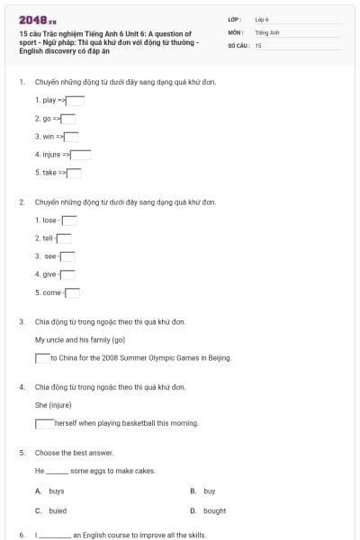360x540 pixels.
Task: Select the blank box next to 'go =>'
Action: [67, 119]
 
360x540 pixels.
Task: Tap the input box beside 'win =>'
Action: [71, 137]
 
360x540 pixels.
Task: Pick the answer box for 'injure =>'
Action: [82, 155]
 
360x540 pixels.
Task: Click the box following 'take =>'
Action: [74, 173]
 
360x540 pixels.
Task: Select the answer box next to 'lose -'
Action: [68, 220]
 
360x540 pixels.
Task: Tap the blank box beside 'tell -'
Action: [65, 238]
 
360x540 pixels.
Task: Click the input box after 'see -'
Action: [67, 256]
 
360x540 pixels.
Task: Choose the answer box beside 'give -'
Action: [67, 274]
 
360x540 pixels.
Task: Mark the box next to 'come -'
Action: [72, 292]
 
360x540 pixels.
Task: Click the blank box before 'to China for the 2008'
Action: [42, 358]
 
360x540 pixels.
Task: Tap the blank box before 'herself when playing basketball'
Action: [45, 423]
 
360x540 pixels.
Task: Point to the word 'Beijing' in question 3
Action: [219, 358]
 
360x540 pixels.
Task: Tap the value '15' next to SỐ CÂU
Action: [257, 44]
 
